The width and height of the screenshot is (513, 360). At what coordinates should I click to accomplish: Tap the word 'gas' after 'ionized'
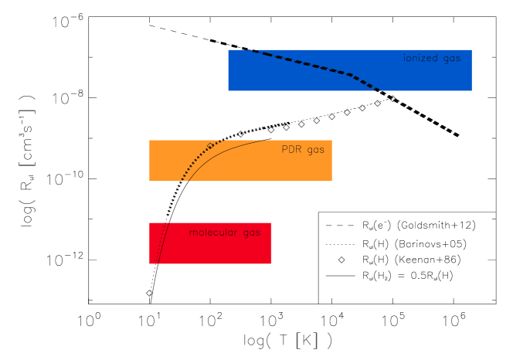click(x=452, y=59)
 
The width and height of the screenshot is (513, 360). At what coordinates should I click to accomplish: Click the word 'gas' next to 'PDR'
click(x=315, y=150)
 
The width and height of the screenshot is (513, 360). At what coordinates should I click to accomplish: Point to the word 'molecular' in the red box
click(x=213, y=232)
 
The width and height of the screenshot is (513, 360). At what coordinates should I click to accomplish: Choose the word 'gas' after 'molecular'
click(x=251, y=233)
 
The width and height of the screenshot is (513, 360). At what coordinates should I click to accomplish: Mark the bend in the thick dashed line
click(x=352, y=75)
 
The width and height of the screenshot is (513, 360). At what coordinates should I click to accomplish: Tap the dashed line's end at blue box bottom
click(x=379, y=90)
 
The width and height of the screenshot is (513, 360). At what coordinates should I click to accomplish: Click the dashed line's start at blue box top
click(x=244, y=50)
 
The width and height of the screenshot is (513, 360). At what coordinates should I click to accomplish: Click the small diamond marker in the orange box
click(x=210, y=146)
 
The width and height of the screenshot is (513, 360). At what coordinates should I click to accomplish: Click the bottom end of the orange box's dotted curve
click(x=182, y=180)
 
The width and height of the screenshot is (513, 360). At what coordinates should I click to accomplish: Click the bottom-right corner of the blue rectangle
click(x=471, y=90)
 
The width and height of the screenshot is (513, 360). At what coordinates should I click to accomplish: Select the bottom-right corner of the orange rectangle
click(x=331, y=181)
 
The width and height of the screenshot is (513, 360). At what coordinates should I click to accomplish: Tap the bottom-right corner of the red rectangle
click(x=271, y=263)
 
